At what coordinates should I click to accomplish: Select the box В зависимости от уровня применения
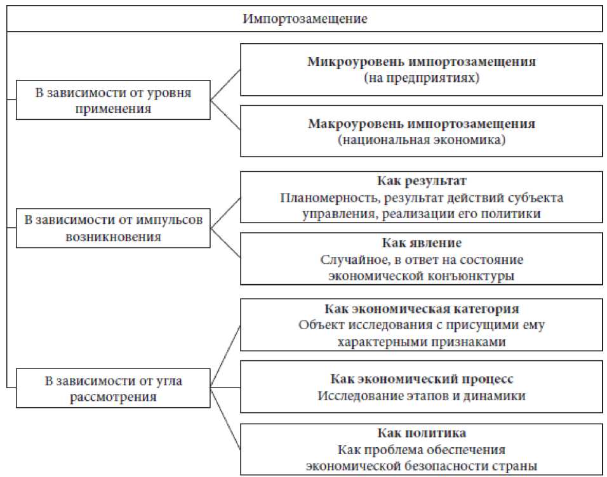(113, 100)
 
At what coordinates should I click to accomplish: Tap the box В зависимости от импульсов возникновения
(113, 228)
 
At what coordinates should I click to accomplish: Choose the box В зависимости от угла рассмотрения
(113, 389)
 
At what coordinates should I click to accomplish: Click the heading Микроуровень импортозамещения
(421, 62)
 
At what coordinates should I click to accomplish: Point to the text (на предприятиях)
(421, 79)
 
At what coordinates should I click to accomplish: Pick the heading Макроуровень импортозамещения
(421, 124)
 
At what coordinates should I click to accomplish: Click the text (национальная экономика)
(421, 140)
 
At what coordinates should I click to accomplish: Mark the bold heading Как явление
(421, 243)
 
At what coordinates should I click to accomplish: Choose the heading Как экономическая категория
(421, 309)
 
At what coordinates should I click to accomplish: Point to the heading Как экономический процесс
(421, 379)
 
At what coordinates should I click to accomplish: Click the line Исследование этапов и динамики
(421, 396)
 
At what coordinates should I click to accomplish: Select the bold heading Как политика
(421, 433)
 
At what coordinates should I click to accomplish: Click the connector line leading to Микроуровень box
(225, 85)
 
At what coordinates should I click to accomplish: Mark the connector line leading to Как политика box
(225, 419)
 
